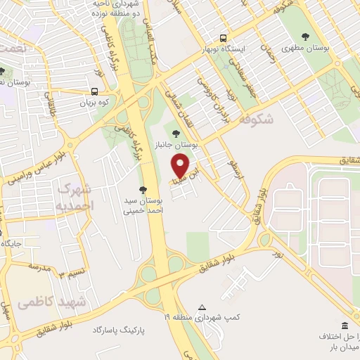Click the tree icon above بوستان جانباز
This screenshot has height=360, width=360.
click(176, 133)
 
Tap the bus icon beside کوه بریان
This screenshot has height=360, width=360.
click(94, 91)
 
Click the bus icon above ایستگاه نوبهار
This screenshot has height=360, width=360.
click(223, 38)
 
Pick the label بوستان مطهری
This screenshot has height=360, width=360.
click(305, 49)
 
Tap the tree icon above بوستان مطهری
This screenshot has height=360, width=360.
click(305, 36)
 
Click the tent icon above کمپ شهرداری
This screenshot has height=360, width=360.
click(202, 308)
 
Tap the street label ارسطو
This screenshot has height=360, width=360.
click(236, 169)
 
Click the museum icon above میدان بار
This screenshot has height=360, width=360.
click(345, 326)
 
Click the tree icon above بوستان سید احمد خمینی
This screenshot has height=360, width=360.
click(143, 189)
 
